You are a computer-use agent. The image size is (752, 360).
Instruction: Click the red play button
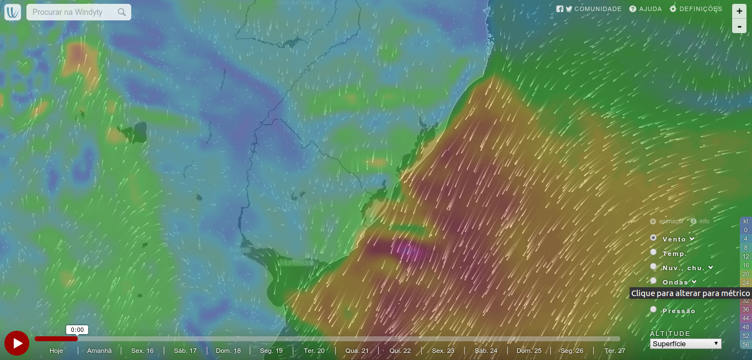point(17,343)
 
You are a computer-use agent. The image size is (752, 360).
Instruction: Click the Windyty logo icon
point(13,12)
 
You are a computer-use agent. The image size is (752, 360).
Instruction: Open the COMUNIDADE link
point(598,9)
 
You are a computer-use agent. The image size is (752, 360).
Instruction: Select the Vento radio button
point(654,238)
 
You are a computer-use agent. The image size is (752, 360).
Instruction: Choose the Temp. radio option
point(654,252)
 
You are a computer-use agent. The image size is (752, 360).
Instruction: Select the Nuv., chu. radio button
point(654,266)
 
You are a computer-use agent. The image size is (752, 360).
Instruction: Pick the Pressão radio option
point(654,309)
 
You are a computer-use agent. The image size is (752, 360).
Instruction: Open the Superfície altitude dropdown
point(685,343)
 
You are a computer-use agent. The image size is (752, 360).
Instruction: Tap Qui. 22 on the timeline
point(400,351)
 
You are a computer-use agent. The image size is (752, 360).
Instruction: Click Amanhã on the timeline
point(99,351)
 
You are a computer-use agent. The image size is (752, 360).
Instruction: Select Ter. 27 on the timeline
point(615,351)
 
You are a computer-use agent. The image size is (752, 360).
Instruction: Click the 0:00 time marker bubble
point(77,330)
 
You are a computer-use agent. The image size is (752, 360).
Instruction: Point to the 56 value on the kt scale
point(746,344)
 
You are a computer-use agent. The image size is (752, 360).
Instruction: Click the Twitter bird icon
point(569,9)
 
